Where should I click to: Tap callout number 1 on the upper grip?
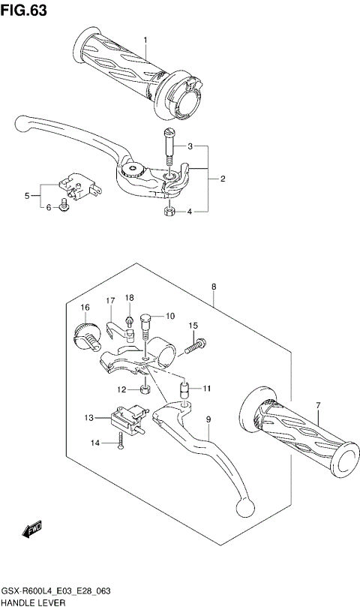click(x=145, y=40)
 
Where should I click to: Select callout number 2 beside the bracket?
click(x=223, y=179)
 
